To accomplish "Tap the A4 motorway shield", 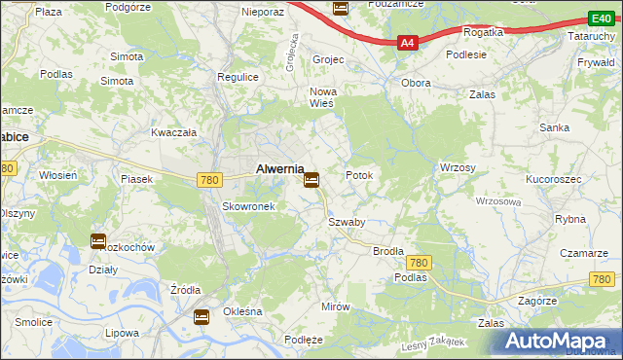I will (408, 43).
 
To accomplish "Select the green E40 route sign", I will (600, 18).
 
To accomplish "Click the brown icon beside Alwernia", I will (311, 180).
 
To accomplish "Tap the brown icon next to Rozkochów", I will (98, 241).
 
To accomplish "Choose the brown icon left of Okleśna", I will (202, 316).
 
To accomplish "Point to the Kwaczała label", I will (174, 131).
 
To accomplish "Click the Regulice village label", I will (238, 76).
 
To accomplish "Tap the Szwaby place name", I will (347, 222).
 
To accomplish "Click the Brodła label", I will (388, 250).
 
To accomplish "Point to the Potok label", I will (360, 175).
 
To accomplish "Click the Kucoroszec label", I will (553, 181).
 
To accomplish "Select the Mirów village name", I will (335, 306).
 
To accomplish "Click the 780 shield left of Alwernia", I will (208, 180).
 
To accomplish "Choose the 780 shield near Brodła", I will (420, 263).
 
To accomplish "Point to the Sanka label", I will (555, 127).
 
